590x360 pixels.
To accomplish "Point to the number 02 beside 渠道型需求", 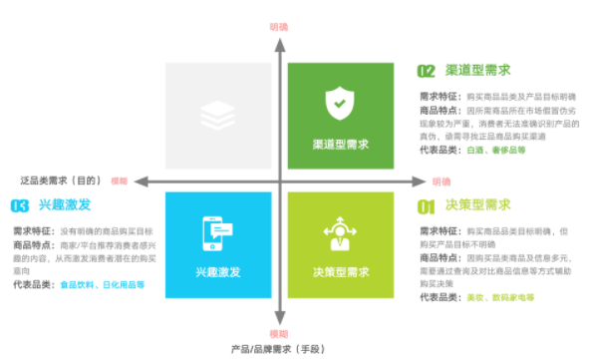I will (x=426, y=71).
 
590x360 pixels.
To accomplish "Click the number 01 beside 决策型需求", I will (x=426, y=206).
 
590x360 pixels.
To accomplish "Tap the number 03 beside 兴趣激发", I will (x=19, y=206).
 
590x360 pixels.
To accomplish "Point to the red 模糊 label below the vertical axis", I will (x=280, y=333).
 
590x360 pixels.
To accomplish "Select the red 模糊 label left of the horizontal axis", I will (x=121, y=181).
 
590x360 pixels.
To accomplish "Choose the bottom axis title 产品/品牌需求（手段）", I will (x=278, y=349).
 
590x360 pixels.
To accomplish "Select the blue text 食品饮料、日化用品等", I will (x=103, y=284).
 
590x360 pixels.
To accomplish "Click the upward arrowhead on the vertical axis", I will (x=281, y=45).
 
